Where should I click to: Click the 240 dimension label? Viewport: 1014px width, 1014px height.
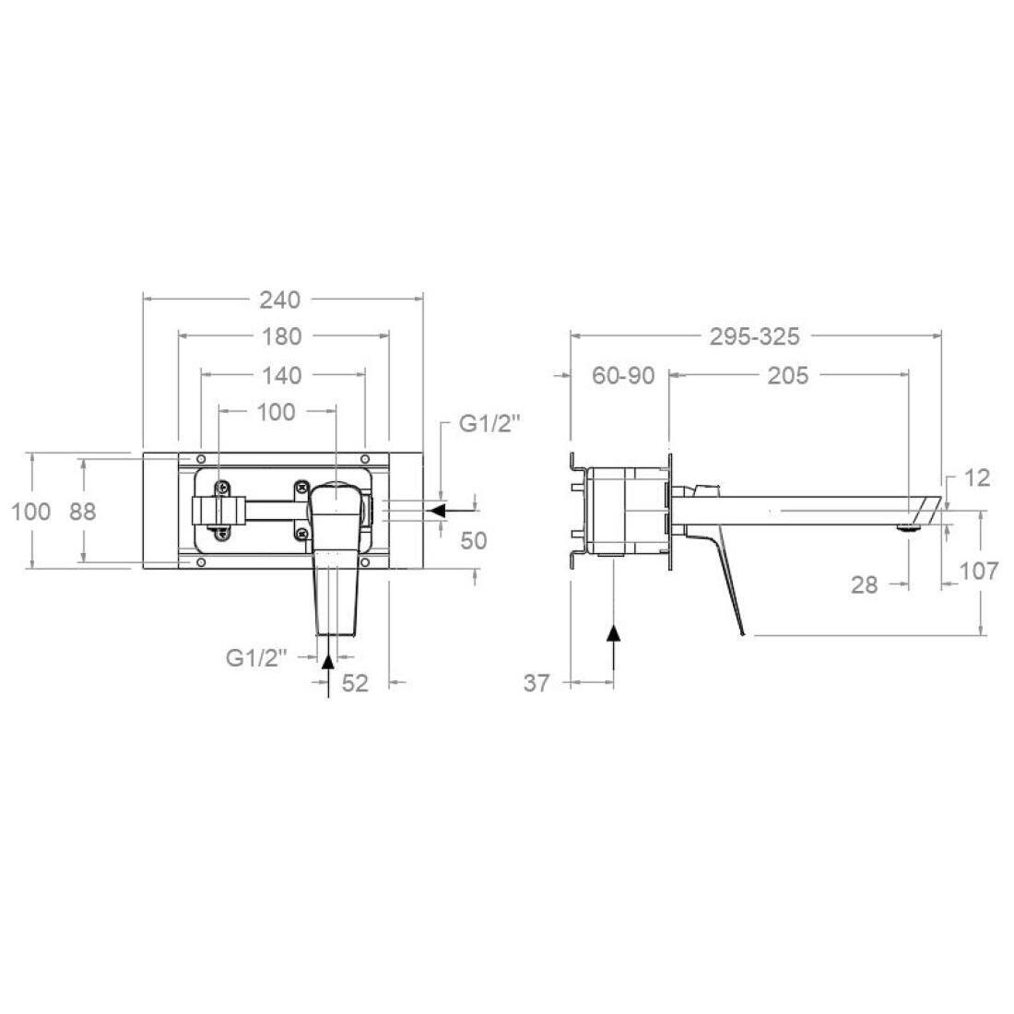(280, 301)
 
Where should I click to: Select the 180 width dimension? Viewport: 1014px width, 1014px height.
(281, 336)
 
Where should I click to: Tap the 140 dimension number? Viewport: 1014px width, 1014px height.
(282, 375)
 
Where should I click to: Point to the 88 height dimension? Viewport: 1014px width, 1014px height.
(83, 512)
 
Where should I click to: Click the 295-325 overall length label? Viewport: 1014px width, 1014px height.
(755, 336)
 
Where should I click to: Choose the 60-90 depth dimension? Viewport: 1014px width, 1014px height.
(623, 375)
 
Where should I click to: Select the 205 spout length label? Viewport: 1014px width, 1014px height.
(787, 375)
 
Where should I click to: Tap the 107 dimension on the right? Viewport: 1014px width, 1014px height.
(978, 571)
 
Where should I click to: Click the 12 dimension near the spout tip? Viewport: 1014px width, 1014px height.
(977, 478)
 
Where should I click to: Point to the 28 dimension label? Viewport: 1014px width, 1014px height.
(864, 585)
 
